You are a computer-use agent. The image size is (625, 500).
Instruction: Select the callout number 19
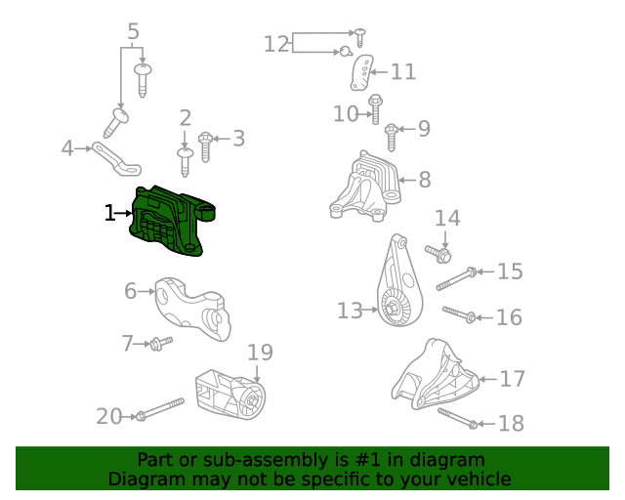(259, 353)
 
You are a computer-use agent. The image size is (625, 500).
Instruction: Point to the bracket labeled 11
(362, 72)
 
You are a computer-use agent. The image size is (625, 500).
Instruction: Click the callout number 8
(425, 180)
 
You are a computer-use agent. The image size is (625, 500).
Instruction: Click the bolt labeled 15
(456, 279)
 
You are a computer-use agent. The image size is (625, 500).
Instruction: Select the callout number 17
(513, 379)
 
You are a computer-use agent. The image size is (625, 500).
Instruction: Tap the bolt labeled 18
(457, 418)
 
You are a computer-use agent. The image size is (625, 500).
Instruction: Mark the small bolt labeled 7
(160, 342)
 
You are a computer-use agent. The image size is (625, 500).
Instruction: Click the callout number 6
(131, 290)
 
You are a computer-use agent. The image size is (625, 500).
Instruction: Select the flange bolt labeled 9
(392, 135)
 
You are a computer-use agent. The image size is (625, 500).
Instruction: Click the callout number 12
(277, 44)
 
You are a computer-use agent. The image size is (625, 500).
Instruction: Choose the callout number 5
(134, 32)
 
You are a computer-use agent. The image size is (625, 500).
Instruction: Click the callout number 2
(185, 119)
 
